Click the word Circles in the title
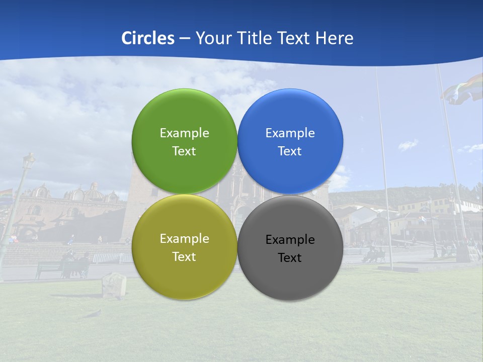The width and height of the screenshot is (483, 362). (x=147, y=38)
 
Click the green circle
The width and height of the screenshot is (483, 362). (x=184, y=116)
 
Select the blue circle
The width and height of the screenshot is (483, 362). (x=290, y=116)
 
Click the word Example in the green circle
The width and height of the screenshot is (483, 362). (x=184, y=133)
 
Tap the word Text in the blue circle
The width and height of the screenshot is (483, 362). (x=290, y=151)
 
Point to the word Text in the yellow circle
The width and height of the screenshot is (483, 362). (x=184, y=256)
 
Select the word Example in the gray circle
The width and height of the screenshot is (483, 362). (x=290, y=239)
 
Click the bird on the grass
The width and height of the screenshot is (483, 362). (x=93, y=314)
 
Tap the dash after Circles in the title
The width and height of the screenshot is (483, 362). (x=185, y=39)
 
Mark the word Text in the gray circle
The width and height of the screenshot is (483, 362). (x=290, y=257)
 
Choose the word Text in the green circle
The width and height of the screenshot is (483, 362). (x=184, y=151)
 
